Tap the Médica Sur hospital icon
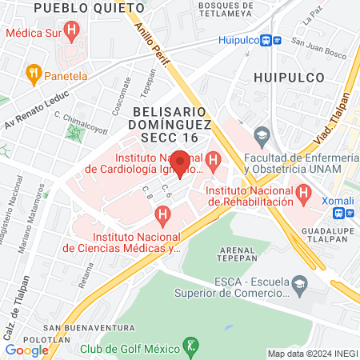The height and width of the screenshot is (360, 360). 73,33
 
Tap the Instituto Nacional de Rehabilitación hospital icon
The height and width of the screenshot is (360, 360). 303,193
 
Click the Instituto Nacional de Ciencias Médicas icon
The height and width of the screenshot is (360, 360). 163,215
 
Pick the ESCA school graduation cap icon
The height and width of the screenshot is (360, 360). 299,284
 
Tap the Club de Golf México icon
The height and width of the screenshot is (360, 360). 190,347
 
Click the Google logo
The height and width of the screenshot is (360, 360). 26,350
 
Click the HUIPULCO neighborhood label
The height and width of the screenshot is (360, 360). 287,78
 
